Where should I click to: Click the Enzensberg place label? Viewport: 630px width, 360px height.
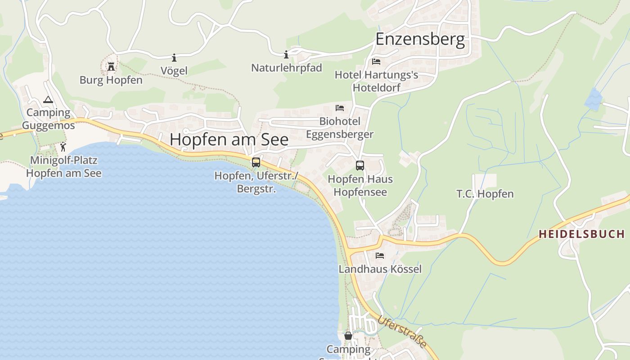tap(420, 39)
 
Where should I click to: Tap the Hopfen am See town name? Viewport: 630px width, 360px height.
tap(229, 139)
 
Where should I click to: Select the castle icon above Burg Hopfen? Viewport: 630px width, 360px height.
tap(111, 67)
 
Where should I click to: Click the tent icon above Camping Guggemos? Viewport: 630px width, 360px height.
tap(48, 99)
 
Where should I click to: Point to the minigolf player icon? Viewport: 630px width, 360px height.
tap(63, 147)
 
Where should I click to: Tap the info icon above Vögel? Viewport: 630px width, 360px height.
tap(174, 58)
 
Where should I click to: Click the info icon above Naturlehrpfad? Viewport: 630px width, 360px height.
tap(286, 55)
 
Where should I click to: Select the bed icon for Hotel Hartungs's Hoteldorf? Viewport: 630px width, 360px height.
tap(376, 61)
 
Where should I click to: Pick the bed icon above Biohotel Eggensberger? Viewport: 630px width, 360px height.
tap(340, 108)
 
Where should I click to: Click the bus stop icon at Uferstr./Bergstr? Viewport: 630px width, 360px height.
tap(256, 162)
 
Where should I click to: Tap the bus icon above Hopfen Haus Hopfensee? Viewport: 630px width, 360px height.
tap(360, 166)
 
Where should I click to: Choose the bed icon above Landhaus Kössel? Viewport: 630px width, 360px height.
tap(380, 256)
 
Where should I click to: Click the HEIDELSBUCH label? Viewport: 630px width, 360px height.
tap(581, 234)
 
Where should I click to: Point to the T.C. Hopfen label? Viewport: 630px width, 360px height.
tap(485, 194)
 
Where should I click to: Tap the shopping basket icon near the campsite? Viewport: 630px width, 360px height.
tap(348, 336)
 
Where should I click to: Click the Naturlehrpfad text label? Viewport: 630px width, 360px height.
tap(287, 68)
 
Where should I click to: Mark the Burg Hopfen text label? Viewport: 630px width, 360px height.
tap(111, 80)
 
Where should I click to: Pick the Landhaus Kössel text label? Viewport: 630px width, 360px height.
tap(380, 269)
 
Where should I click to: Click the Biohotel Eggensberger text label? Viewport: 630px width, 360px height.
tap(340, 128)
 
